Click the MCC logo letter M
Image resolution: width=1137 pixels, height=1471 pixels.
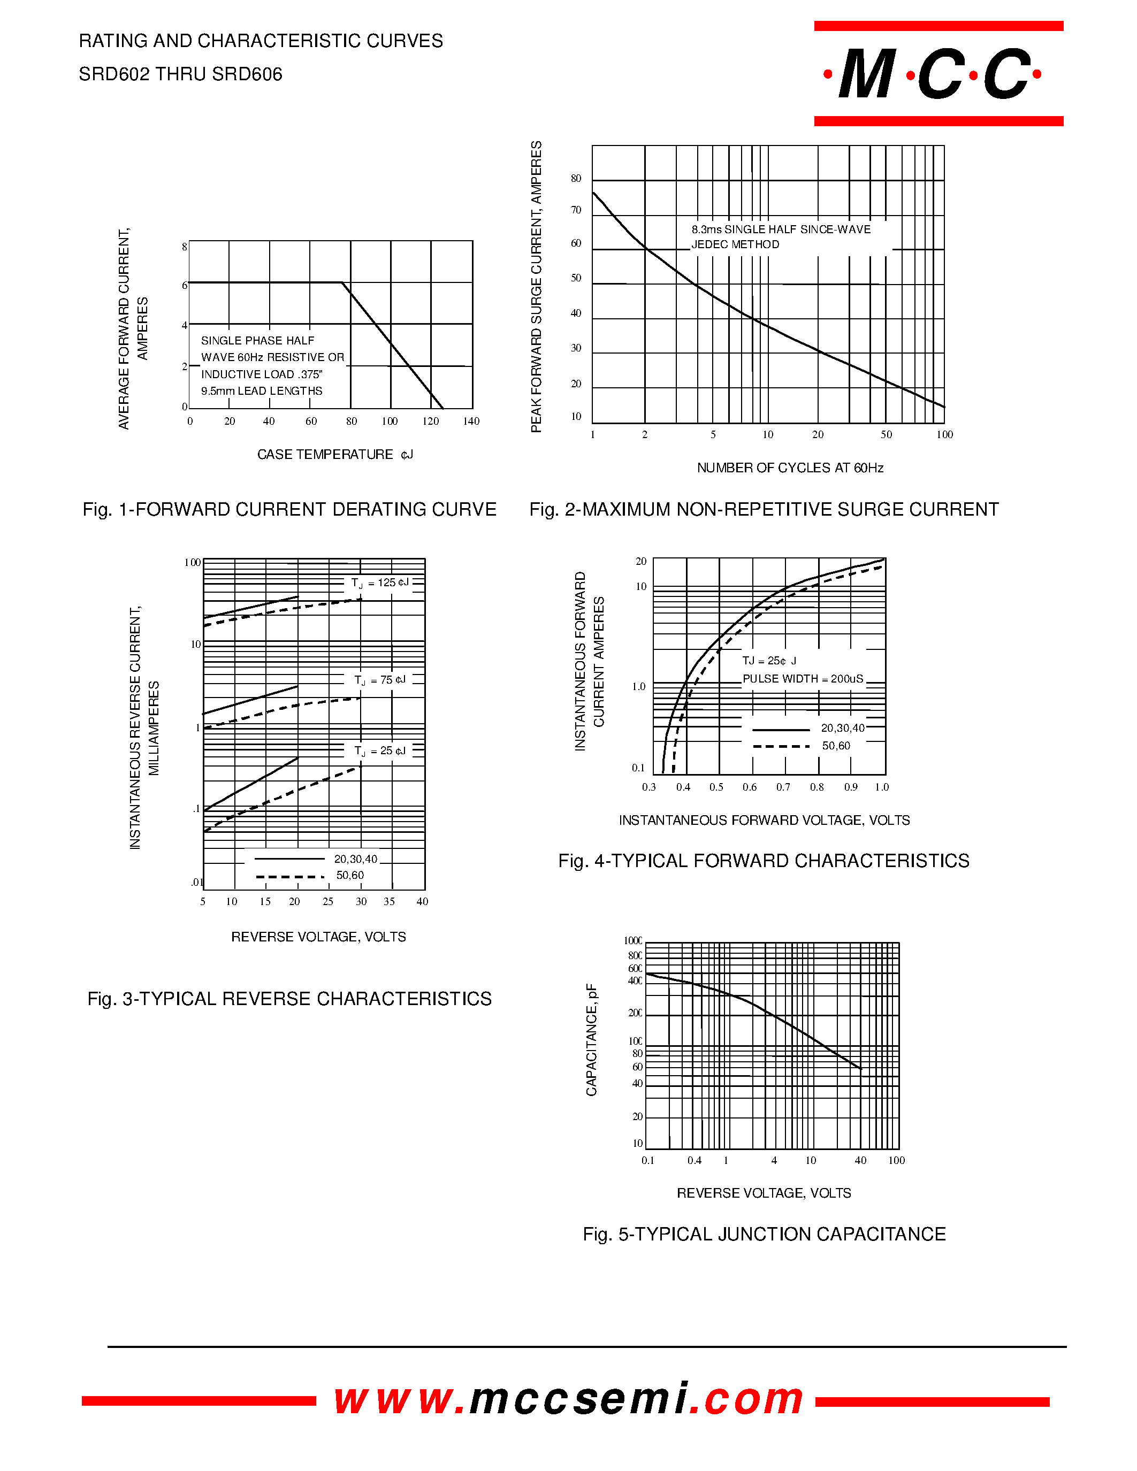tap(867, 74)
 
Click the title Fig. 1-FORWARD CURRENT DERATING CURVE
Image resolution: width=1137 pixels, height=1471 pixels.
tap(289, 509)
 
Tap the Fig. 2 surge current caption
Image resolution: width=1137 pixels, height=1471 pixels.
tap(764, 509)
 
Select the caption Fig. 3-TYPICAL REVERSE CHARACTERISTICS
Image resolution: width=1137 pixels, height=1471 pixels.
tap(289, 999)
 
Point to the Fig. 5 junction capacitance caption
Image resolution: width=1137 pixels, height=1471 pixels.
tap(764, 1234)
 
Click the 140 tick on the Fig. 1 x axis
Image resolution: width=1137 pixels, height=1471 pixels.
tap(471, 422)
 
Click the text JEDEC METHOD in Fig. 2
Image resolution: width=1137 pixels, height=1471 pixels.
tap(735, 244)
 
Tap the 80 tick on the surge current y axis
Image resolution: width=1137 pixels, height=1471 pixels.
tap(576, 179)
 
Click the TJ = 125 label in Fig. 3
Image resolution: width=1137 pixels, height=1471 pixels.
tap(379, 583)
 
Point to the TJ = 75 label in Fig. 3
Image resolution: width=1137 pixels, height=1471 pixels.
tap(380, 680)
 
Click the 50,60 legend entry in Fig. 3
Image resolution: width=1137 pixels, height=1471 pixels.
tap(349, 876)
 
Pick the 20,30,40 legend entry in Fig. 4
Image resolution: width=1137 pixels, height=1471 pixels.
tap(842, 728)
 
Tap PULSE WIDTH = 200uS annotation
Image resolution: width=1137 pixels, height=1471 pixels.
tap(802, 679)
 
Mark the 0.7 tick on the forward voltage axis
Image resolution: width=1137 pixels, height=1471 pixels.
tap(783, 787)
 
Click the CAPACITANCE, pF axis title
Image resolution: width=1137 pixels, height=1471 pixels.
tap(591, 1040)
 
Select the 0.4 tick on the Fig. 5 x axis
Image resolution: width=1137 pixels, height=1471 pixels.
tap(695, 1161)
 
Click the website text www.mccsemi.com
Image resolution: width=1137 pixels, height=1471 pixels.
tap(568, 1400)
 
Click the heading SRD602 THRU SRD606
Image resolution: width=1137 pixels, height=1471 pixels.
tap(180, 74)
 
